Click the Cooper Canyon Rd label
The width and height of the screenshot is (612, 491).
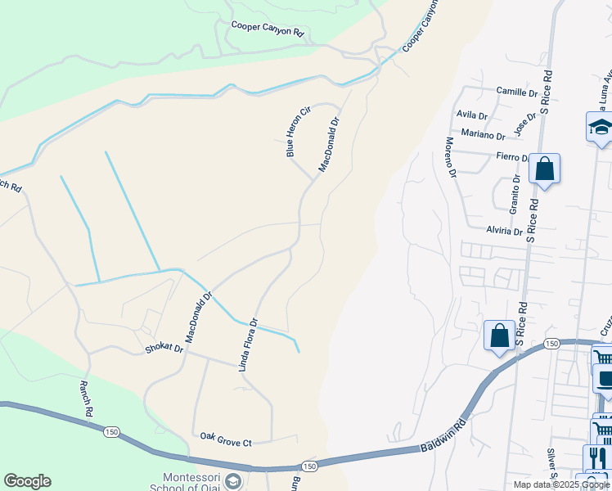(267, 29)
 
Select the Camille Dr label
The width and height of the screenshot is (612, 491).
(517, 93)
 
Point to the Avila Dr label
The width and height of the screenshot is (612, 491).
(472, 115)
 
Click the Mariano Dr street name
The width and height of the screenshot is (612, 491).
(483, 135)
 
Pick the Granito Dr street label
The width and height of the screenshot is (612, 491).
(515, 194)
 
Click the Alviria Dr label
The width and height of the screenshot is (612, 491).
(504, 232)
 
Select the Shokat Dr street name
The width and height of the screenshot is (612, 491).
(164, 348)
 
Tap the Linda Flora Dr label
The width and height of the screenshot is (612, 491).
(248, 345)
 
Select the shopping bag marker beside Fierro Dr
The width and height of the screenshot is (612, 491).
(544, 169)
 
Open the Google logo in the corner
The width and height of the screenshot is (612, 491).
(27, 481)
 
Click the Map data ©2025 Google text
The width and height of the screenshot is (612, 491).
(561, 484)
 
